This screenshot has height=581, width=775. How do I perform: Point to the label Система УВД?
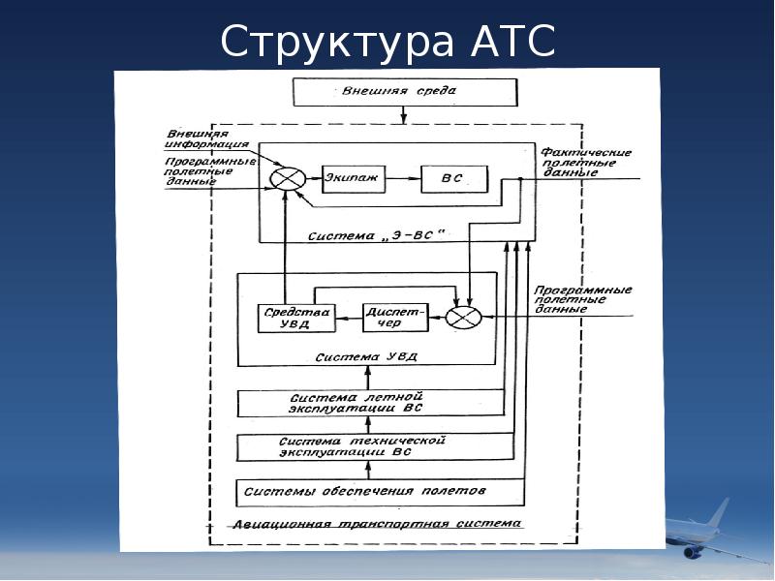click(366, 355)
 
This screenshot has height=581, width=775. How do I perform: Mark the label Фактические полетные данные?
click(586, 163)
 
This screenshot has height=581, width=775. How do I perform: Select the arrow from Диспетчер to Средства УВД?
click(349, 318)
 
